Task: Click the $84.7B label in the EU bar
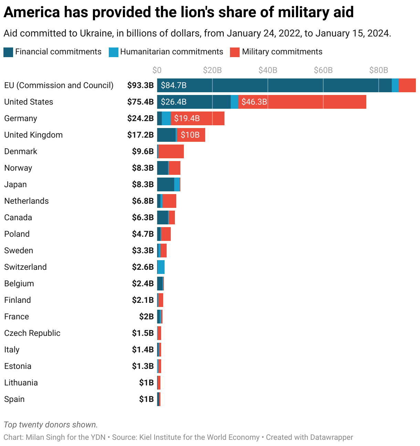click(x=174, y=85)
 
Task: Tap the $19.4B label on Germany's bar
click(x=187, y=118)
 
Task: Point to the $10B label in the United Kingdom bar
click(x=190, y=135)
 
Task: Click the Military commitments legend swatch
click(x=235, y=52)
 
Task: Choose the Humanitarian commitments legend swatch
click(x=113, y=52)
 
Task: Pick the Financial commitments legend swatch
click(x=8, y=52)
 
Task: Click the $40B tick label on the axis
click(x=268, y=70)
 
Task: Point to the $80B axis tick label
click(x=378, y=70)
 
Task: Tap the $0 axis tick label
click(x=157, y=70)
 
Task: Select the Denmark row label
click(x=21, y=151)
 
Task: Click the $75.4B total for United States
click(x=140, y=102)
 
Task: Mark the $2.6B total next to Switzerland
click(x=143, y=267)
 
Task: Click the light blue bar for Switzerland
click(x=161, y=267)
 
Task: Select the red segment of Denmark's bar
click(x=171, y=151)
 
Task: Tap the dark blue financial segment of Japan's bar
click(x=166, y=184)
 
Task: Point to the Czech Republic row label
click(x=32, y=333)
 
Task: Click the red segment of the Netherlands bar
click(x=169, y=201)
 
